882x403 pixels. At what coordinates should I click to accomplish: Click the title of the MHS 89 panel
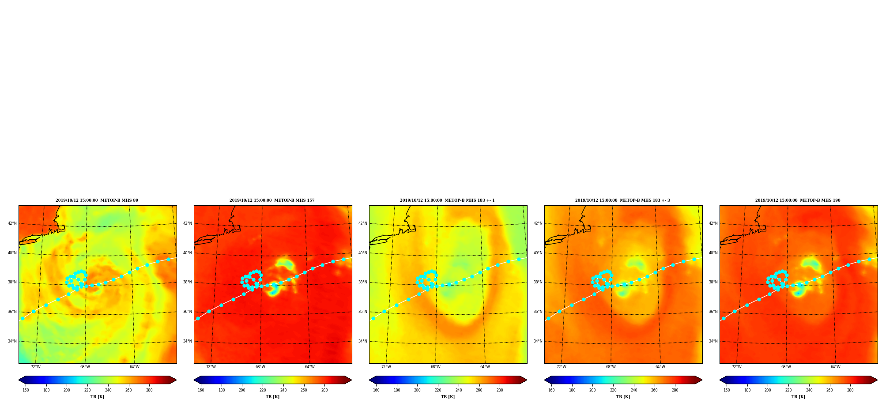point(97,200)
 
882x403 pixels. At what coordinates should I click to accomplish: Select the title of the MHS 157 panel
point(272,200)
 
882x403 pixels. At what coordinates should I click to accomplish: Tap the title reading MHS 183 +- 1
point(447,200)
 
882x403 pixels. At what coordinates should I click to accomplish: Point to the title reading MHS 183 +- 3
point(622,200)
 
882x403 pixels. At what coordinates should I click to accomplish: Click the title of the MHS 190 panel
point(798,200)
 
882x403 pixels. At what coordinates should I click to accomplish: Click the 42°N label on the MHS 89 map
point(12,223)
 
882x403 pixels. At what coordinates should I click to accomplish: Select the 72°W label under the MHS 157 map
point(211,367)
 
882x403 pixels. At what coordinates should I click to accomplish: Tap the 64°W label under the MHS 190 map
point(836,367)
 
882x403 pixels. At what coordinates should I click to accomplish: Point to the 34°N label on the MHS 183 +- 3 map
point(538,341)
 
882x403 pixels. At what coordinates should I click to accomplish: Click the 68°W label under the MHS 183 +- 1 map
point(436,367)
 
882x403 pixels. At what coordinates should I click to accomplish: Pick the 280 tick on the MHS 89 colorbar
point(149,390)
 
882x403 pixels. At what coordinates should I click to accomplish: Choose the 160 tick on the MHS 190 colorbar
point(727,390)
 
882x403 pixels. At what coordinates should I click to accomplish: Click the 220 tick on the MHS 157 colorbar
point(263,390)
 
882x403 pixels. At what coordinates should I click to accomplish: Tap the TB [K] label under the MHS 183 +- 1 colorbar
point(448,397)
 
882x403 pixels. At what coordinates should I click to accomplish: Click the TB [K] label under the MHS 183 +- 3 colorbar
point(623,397)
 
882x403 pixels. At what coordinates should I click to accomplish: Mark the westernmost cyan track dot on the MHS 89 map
point(23,318)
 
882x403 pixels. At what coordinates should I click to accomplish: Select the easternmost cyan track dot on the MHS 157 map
point(343,259)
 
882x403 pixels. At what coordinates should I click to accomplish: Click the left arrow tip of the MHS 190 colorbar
point(720,380)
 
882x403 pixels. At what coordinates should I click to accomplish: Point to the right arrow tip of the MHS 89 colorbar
point(177,380)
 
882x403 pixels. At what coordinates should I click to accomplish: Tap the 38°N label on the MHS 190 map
point(713,282)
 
